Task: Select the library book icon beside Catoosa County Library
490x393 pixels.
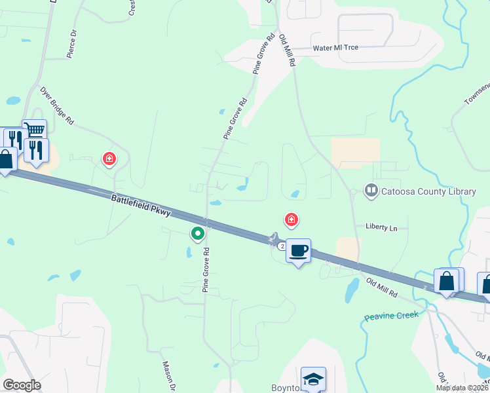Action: (371, 191)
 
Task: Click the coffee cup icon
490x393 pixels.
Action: (298, 250)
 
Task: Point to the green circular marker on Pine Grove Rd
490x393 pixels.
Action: (197, 233)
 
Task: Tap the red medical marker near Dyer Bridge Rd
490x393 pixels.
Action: (109, 159)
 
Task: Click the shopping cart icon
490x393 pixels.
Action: (35, 130)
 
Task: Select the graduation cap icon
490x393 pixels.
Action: (313, 379)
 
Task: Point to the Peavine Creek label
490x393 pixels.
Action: (390, 316)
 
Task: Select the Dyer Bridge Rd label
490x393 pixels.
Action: (57, 105)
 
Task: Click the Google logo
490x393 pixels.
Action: (22, 385)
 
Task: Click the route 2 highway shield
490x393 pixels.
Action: (281, 246)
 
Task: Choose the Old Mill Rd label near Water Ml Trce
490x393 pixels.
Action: (288, 50)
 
